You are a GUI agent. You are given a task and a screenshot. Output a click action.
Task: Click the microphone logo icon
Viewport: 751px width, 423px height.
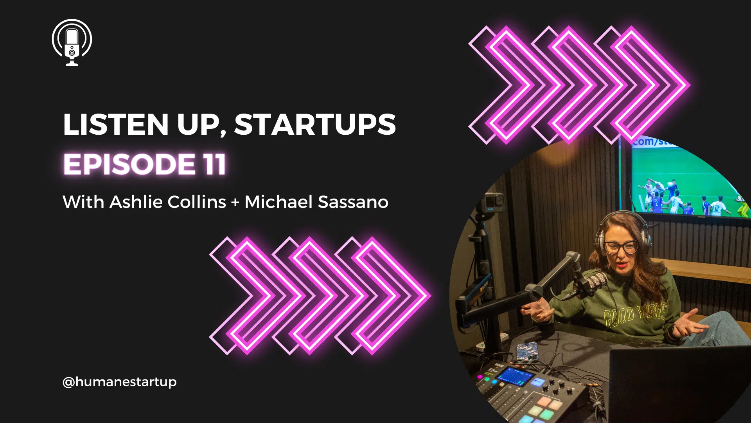coord(72,42)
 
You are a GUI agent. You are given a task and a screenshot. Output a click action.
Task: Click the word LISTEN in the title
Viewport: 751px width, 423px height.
coord(116,125)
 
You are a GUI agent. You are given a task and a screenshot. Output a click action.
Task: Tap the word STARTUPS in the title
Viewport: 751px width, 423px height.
coord(315,125)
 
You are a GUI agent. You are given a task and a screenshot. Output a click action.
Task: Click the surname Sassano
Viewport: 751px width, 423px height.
coord(353,202)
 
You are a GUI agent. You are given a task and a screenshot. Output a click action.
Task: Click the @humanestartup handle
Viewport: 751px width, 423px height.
coord(119,382)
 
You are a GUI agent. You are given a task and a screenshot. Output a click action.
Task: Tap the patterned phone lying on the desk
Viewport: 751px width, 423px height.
coord(526,351)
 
